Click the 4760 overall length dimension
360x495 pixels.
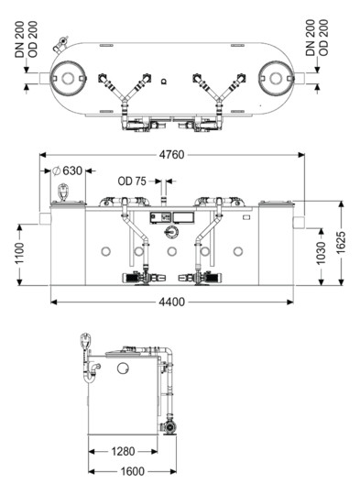[x=171, y=155]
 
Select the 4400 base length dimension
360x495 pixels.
[x=171, y=302]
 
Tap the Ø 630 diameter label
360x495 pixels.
[x=68, y=170]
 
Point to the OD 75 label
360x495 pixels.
[x=132, y=181]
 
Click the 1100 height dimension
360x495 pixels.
[x=20, y=254]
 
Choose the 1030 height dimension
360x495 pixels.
[x=321, y=254]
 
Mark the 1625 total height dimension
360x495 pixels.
[x=341, y=242]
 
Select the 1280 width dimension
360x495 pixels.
[x=123, y=451]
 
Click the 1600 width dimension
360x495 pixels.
[x=133, y=472]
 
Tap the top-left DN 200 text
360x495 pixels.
[x=19, y=39]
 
